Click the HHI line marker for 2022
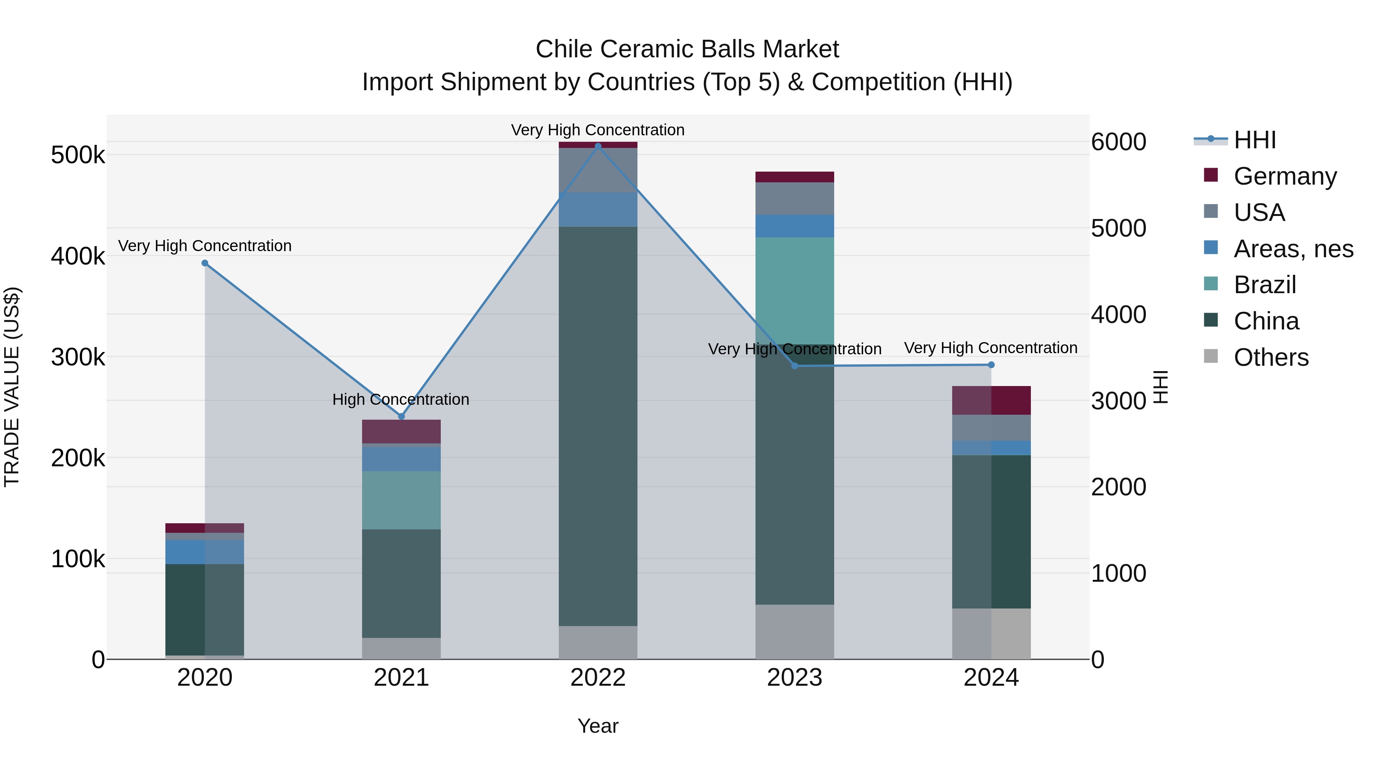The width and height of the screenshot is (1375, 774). tap(598, 146)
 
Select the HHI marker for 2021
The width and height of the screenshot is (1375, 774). tap(401, 416)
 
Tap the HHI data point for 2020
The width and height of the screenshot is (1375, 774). tap(205, 263)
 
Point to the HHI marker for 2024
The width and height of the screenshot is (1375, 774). tap(991, 365)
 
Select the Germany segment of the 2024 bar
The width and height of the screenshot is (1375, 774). tap(991, 400)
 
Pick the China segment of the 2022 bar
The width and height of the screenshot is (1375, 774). tap(598, 426)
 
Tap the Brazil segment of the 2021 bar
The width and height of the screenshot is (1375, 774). tap(401, 500)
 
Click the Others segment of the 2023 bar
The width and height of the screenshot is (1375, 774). tap(794, 631)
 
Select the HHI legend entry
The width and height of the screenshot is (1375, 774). tap(1254, 140)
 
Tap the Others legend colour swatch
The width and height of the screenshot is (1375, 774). tap(1211, 356)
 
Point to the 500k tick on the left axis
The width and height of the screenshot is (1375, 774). tap(78, 156)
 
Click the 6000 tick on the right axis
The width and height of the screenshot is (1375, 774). tap(1118, 142)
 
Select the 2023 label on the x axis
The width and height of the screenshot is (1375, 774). tap(794, 678)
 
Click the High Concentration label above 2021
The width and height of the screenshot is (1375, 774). tap(401, 399)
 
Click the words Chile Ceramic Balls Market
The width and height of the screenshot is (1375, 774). tap(687, 49)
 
